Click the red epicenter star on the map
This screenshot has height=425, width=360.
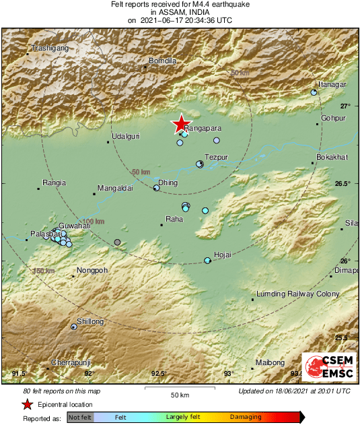[180, 124]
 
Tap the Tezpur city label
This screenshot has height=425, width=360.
[216, 157]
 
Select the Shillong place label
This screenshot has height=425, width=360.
[91, 322]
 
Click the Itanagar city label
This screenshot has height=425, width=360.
[332, 84]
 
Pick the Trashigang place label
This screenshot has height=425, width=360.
[49, 48]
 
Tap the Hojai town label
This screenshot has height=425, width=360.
[221, 255]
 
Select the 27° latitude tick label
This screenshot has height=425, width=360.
[345, 106]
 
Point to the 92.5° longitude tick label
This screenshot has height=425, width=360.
[159, 373]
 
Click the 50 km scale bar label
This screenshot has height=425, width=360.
[178, 394]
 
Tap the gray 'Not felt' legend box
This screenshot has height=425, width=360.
[80, 418]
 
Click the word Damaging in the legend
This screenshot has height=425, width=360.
[246, 418]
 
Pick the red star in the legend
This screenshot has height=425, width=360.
[27, 404]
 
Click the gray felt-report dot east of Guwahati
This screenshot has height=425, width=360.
[118, 242]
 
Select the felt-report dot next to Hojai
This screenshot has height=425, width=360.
[207, 260]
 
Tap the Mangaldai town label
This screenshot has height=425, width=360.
[115, 189]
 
